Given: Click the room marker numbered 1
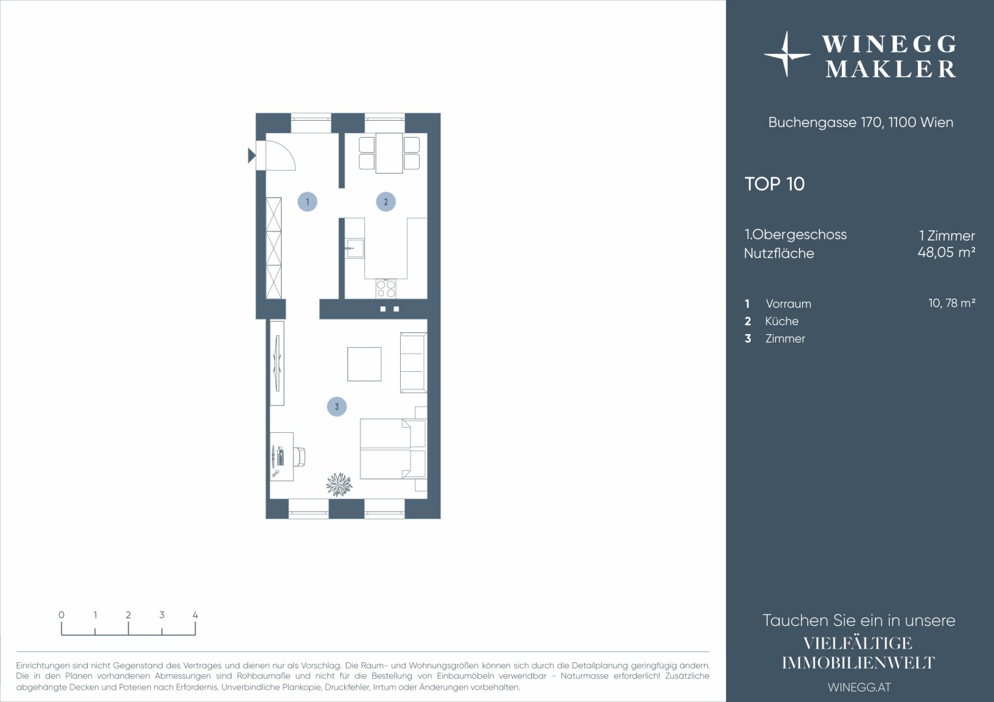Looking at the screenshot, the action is coord(308,201).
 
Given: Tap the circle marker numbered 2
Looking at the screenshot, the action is coord(386,201).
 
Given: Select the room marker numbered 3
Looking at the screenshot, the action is coord(337,407).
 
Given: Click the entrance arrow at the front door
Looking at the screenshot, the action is coord(252,155).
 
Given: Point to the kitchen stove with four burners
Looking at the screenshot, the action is coord(386,289).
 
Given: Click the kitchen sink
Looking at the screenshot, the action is coord(355,248).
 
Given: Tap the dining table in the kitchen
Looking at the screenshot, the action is coord(389,153).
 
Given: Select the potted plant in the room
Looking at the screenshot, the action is coord(340,484).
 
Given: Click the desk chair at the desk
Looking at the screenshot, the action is coord(299,457).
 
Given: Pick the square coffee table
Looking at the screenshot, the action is coord(364,364).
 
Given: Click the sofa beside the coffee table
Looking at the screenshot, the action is coord(414,363).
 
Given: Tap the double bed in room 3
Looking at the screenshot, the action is coord(393,448).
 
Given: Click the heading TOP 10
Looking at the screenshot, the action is coord(774,184).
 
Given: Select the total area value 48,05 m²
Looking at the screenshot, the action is coord(947,252).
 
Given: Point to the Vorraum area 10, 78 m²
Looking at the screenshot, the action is coord(952,303).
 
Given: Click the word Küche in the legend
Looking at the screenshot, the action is coord(782,321).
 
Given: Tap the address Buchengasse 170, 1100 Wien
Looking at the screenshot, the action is coord(861,122).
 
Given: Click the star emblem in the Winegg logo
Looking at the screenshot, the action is coord(786,55).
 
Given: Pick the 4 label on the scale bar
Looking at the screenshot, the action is coord(195,615).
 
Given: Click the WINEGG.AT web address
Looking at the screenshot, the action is coord(859,687).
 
